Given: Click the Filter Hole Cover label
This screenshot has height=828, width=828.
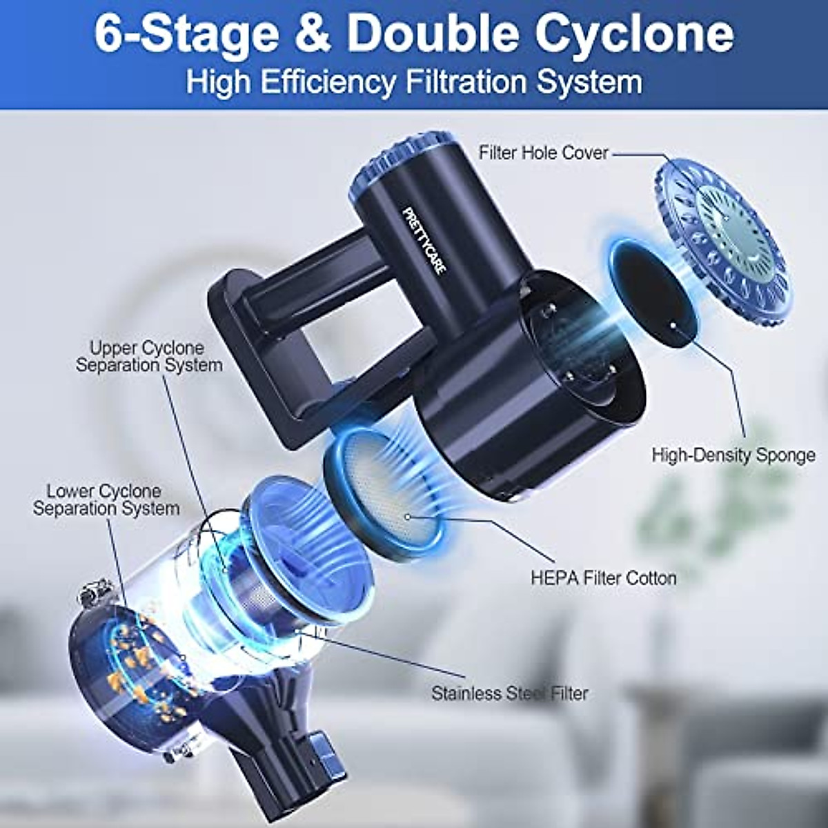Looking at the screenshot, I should tap(544, 152).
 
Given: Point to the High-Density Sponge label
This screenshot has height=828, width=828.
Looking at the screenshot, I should tap(733, 455).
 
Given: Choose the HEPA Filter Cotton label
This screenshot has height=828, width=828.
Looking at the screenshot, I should tap(603, 578).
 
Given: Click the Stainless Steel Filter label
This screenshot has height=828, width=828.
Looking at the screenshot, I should tap(509, 693).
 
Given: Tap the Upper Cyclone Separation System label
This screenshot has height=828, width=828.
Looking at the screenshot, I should tap(149, 356).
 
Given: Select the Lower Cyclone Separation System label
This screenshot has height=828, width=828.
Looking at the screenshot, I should tap(106, 500).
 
